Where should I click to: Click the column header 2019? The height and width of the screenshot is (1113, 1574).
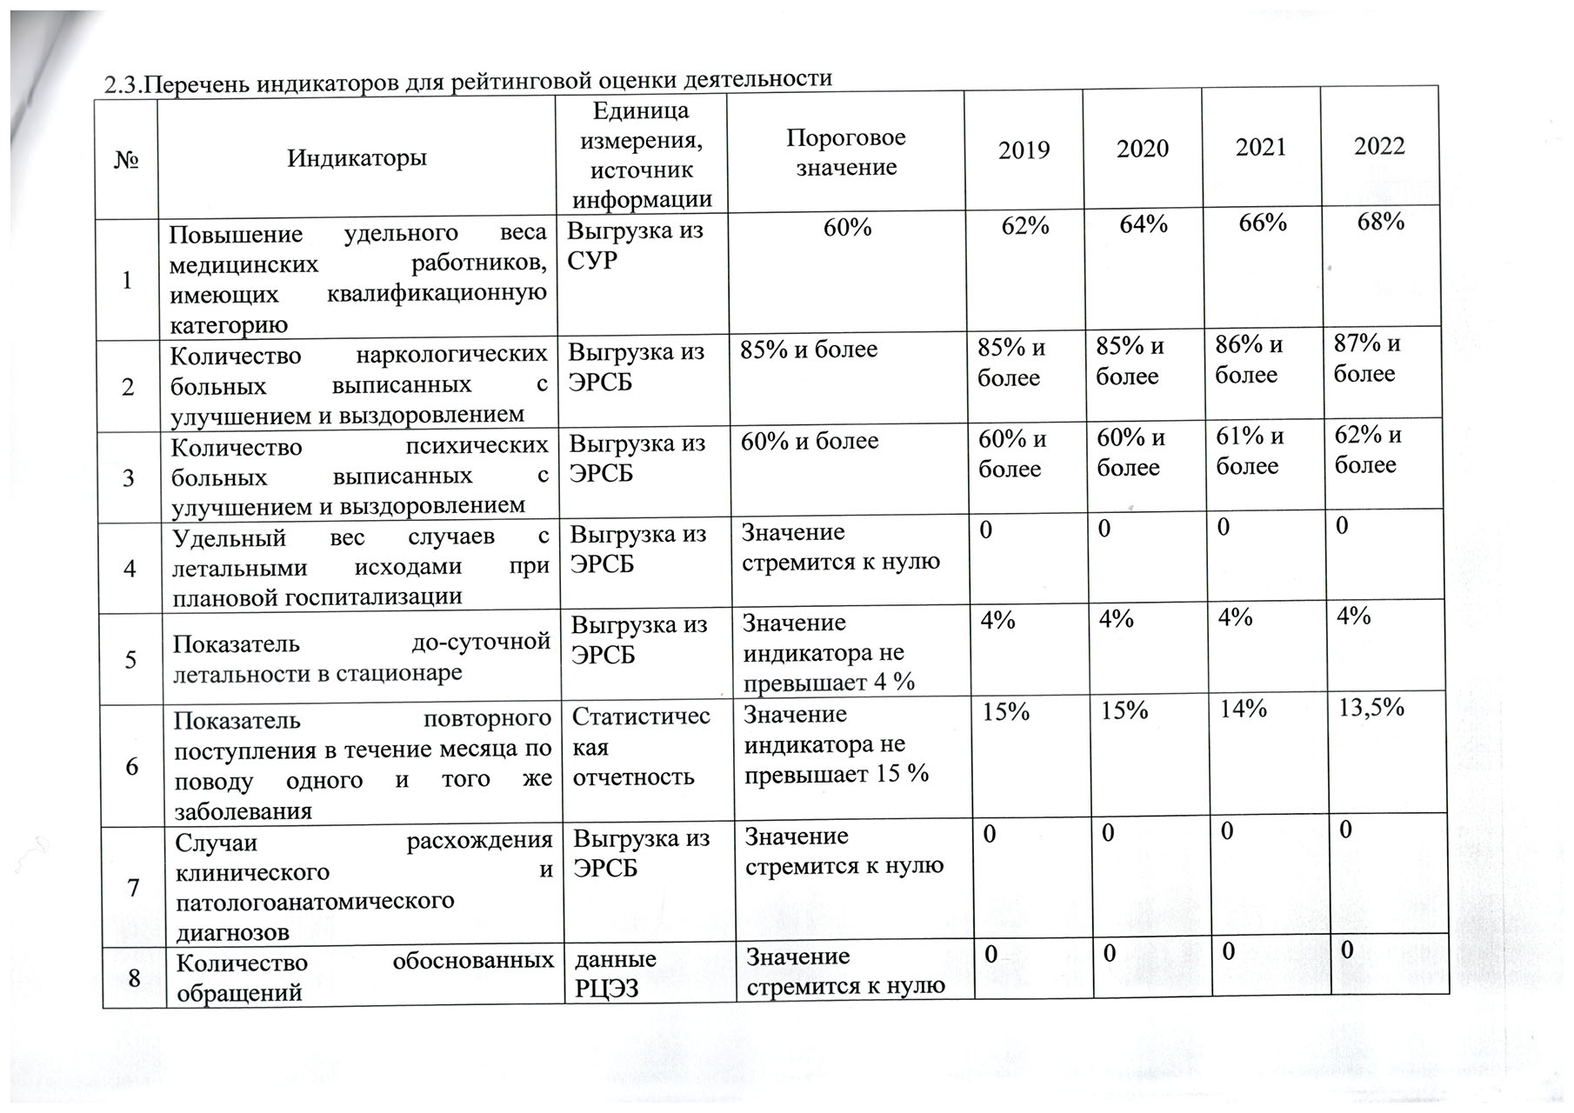[1024, 150]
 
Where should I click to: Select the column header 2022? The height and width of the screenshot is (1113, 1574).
[1379, 146]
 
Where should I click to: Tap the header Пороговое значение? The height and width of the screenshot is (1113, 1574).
[846, 152]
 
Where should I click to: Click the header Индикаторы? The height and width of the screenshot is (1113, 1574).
[357, 158]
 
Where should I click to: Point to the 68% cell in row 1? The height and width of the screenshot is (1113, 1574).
[1381, 222]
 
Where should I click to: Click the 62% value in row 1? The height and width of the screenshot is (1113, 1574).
[1025, 226]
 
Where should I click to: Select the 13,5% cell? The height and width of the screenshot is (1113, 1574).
[1371, 708]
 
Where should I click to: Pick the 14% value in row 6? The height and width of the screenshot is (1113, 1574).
[1243, 710]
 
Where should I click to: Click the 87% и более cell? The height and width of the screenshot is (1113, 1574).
[1366, 358]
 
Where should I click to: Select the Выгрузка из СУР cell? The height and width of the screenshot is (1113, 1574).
[635, 246]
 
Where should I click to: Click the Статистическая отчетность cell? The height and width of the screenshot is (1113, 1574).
[641, 747]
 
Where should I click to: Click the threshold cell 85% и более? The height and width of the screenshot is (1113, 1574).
[809, 350]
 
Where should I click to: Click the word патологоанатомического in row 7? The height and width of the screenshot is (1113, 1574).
[315, 902]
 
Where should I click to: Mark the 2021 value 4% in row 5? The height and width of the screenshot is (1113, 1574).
[1235, 618]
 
